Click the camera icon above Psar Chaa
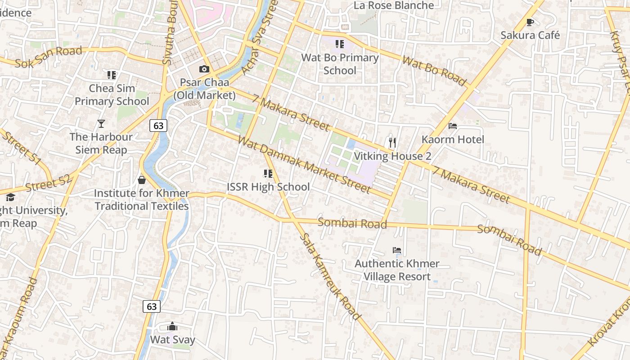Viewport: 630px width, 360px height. [x=204, y=69]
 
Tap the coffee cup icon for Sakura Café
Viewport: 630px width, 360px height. [x=530, y=22]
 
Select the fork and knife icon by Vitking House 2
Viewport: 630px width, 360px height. [x=392, y=143]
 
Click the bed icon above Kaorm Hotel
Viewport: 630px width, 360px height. [x=453, y=126]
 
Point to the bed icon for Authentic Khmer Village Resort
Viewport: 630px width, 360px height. [x=396, y=250]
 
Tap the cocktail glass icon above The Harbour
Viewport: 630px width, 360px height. [x=101, y=123]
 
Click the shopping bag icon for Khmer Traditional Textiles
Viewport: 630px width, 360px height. [x=142, y=180]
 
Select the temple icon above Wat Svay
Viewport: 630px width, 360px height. [x=172, y=326]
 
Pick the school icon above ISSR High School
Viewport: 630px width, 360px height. [x=268, y=173]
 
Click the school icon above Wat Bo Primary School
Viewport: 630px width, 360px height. [x=339, y=44]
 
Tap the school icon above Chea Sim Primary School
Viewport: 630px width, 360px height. [x=111, y=75]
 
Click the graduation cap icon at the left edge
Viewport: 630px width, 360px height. [x=10, y=197]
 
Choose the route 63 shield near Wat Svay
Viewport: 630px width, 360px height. [x=152, y=306]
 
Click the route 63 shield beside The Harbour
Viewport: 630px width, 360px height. [x=158, y=126]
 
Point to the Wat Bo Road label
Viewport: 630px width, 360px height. [x=434, y=71]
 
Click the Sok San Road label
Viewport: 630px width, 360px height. [x=49, y=57]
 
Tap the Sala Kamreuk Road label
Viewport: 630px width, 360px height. [x=330, y=276]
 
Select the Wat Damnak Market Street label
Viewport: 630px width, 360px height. [x=304, y=164]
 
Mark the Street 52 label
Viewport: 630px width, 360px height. [x=48, y=184]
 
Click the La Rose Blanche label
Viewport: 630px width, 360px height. [x=394, y=5]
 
